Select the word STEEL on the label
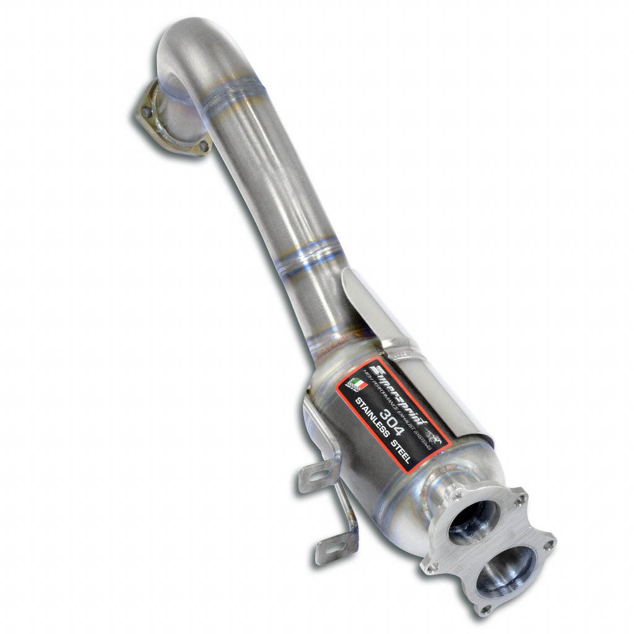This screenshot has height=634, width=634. coord(410,451)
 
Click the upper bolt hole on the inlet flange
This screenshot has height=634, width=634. coord(147,111)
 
